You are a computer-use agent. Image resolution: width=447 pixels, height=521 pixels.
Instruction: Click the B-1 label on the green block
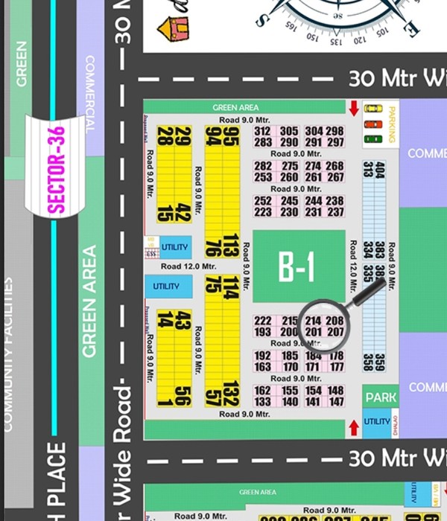coord(297,266)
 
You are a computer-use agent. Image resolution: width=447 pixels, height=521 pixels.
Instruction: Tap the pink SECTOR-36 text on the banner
coord(57,170)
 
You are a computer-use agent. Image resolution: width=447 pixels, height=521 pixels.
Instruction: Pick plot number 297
coord(335,142)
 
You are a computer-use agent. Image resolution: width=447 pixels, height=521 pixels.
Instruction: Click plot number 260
coord(289,177)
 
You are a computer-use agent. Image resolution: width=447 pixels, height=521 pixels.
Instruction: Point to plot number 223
coord(263,212)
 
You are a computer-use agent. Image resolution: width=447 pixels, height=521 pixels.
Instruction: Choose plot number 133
coord(263,402)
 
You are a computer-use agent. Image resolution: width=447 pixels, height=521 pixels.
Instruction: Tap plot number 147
coord(335,402)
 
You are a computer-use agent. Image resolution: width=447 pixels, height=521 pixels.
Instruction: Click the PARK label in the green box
coord(381,397)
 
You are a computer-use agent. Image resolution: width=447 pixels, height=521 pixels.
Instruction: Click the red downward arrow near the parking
coord(354,109)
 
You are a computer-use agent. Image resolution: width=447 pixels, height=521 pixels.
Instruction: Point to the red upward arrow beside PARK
coord(354,428)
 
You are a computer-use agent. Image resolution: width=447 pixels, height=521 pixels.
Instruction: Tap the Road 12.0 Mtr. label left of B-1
coord(188,266)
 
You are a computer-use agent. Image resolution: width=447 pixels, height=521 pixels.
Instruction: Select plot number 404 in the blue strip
coord(380,169)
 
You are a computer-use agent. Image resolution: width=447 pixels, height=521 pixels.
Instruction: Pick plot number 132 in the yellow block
coord(231,392)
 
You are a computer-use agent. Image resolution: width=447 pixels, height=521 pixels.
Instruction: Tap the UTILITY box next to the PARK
coord(376,422)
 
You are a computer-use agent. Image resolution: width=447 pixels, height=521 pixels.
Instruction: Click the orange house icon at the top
coord(174,28)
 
